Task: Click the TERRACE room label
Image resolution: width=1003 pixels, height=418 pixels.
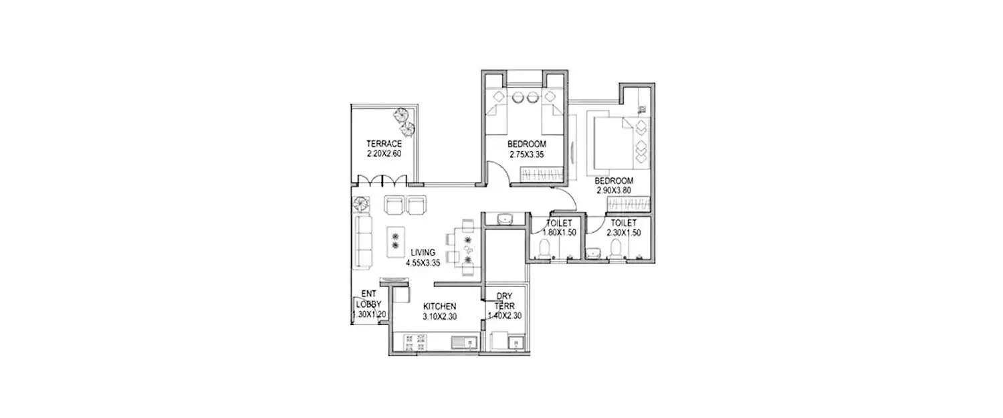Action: [x=384, y=144]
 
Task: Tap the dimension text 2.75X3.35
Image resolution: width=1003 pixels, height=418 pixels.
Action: [x=526, y=154]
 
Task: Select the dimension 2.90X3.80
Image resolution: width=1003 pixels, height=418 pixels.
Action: [x=615, y=191]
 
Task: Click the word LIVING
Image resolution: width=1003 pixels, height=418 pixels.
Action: [x=423, y=252]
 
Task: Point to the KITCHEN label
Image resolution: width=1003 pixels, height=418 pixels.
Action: [x=440, y=306]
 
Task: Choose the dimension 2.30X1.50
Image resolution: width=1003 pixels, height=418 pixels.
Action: [x=623, y=233]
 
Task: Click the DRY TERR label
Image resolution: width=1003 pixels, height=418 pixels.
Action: [x=504, y=300]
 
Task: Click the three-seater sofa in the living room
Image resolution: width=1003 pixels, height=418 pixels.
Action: [x=364, y=241]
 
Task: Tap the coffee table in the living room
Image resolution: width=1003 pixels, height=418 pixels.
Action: [x=395, y=241]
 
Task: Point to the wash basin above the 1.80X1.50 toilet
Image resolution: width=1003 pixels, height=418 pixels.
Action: [x=504, y=219]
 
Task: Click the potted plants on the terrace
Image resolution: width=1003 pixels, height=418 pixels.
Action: [x=404, y=120]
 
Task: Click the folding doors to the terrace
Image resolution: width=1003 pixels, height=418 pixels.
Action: [x=380, y=181]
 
